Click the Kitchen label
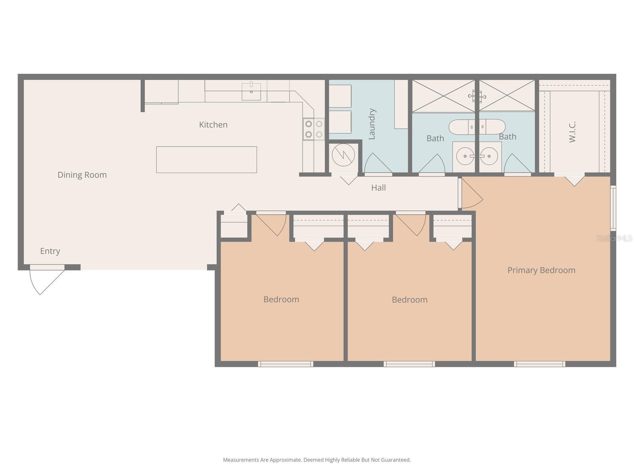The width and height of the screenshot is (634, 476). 213,125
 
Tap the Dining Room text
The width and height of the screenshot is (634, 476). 82,175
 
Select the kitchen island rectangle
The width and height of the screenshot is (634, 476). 206,159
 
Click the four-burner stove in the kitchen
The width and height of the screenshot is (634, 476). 313,129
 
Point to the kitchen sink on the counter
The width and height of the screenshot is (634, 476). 251,91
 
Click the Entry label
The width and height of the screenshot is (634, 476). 50,251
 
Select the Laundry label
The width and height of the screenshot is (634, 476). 372,124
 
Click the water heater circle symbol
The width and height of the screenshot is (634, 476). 344,155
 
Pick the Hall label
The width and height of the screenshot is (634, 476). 378,188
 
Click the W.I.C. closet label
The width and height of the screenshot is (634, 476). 572,132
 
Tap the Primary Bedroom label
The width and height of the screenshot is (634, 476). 541,270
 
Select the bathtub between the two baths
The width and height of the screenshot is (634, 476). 477,127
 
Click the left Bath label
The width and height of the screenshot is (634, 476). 435,138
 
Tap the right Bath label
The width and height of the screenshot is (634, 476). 508,137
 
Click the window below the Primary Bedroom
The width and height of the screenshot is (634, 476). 539,364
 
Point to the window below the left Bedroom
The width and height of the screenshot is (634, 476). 285,364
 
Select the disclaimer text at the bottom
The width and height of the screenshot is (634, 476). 317,460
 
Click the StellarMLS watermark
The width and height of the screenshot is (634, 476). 615,238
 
